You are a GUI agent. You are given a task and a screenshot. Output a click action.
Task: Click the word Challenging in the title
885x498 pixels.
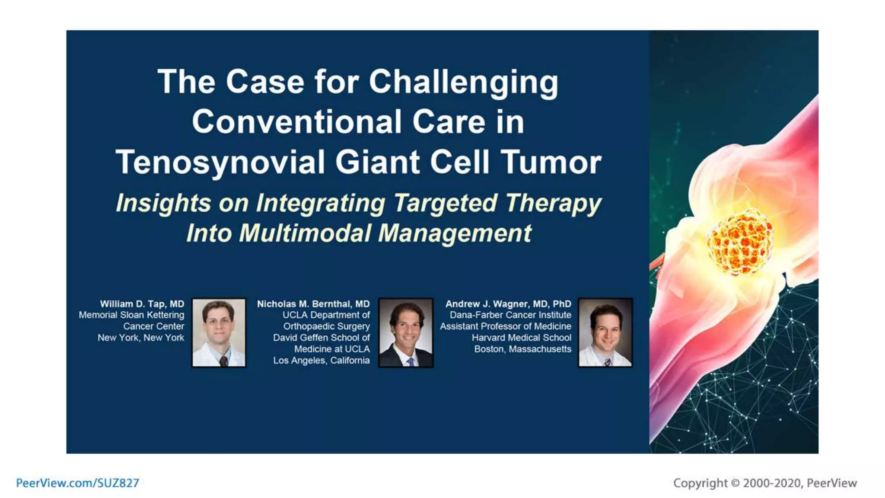(x=463, y=82)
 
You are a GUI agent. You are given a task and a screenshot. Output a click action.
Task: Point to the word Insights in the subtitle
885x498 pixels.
(x=163, y=203)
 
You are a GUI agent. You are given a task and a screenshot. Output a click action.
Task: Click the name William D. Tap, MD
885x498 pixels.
(x=142, y=304)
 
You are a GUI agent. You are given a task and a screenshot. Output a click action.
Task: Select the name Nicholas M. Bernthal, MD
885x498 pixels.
(x=313, y=304)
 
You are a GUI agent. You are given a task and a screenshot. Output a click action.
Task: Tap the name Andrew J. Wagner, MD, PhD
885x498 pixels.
(x=508, y=304)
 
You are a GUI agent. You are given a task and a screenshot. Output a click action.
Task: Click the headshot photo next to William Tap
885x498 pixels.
(x=219, y=332)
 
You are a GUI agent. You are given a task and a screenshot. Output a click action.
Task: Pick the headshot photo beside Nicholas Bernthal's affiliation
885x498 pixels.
(x=405, y=332)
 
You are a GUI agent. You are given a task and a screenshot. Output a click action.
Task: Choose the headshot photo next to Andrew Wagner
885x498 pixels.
(x=605, y=332)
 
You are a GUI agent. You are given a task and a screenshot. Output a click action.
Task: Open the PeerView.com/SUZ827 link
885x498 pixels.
(x=77, y=483)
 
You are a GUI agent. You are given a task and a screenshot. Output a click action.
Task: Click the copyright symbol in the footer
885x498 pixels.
(x=735, y=483)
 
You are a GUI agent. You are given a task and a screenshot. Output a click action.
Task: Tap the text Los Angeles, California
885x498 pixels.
(x=321, y=361)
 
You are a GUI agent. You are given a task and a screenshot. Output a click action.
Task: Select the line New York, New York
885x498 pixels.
(x=140, y=338)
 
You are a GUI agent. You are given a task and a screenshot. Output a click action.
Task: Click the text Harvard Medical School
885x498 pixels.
(x=521, y=338)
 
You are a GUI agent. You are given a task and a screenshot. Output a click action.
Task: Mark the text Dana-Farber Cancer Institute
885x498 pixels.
(x=510, y=315)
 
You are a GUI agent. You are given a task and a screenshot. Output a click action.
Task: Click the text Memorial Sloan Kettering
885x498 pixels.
(x=131, y=315)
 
